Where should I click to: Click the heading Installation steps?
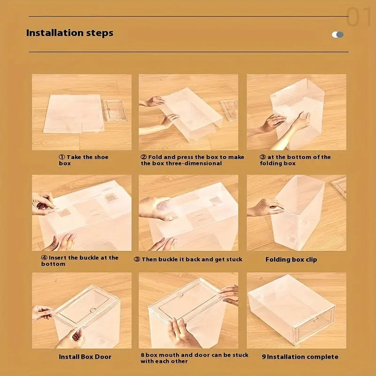[x=70, y=33]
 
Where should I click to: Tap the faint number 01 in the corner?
[x=360, y=17]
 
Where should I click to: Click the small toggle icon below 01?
[x=337, y=34]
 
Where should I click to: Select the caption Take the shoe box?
[x=78, y=160]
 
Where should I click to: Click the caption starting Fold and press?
[x=193, y=160]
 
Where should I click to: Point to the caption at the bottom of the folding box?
[x=295, y=160]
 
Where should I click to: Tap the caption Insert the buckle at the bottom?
[x=79, y=260]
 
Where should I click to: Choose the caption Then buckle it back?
[x=188, y=259]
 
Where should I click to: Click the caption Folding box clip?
[x=291, y=259]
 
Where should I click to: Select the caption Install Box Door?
[x=85, y=357]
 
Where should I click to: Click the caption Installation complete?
[x=300, y=357]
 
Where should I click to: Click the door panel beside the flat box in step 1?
[x=115, y=110]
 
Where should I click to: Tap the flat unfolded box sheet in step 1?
[x=73, y=113]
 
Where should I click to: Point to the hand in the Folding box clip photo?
[x=266, y=207]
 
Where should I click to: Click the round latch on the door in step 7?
[x=93, y=310]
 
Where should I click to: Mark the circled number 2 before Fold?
[x=144, y=157]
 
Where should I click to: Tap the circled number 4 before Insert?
[x=44, y=258]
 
